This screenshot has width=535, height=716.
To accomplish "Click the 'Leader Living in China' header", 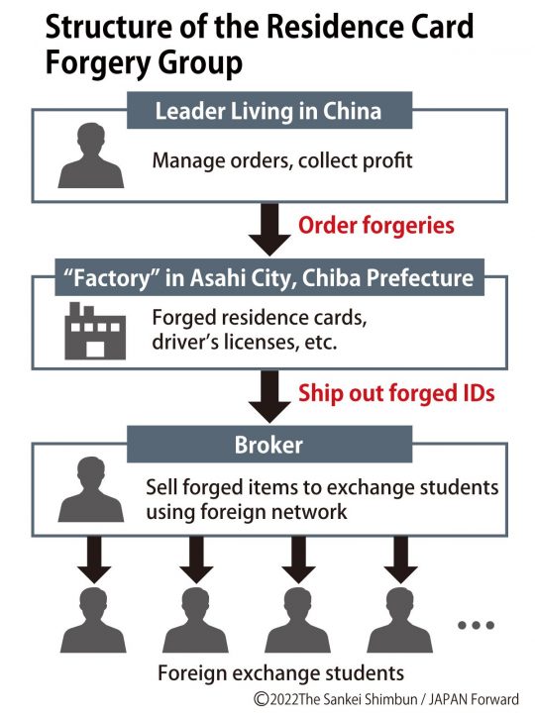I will (x=267, y=111).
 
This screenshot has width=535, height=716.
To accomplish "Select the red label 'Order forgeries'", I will (x=376, y=226).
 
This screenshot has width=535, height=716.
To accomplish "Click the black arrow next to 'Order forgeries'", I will (x=267, y=226).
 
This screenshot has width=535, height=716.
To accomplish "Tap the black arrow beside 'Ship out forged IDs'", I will (x=267, y=393).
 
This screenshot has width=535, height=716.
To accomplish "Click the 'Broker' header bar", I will (x=267, y=447).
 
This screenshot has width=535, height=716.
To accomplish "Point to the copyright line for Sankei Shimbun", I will (x=386, y=699).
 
